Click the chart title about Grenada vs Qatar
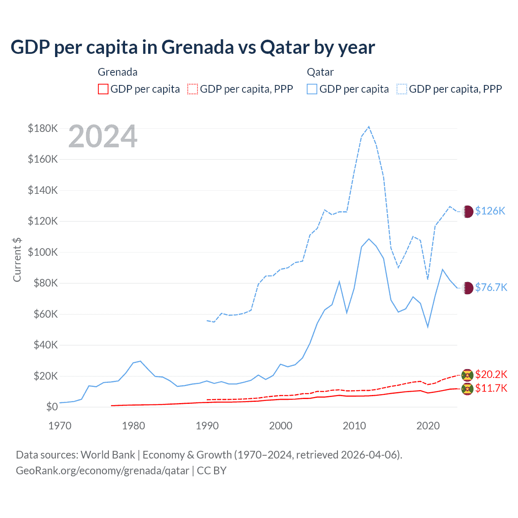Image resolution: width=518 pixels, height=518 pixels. tap(193, 47)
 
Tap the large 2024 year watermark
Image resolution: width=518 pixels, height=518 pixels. tap(103, 136)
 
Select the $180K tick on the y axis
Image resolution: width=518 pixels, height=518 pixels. tap(43, 128)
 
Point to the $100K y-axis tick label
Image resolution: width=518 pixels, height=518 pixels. tap(43, 252)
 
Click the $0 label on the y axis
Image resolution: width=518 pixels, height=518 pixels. tap(52, 407)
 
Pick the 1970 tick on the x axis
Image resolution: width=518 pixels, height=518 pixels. tap(60, 426)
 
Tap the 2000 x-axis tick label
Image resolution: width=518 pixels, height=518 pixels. tap(281, 426)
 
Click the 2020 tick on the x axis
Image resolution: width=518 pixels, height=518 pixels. tap(428, 426)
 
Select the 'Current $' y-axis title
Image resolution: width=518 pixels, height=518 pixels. tap(17, 259)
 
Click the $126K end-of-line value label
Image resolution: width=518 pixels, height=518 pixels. tap(490, 211)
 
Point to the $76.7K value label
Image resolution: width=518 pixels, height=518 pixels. tap(491, 287)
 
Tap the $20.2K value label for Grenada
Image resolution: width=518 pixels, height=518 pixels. tap(491, 374)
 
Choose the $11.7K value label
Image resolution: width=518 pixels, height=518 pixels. tap(491, 388)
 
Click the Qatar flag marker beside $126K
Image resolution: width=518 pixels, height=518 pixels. tap(467, 211)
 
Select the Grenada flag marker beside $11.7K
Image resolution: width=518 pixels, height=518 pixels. tap(467, 389)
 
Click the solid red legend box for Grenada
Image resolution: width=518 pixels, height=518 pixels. tap(103, 89)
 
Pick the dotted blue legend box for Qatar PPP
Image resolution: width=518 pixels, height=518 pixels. tap(402, 89)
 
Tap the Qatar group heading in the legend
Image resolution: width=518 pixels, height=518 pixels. tap(320, 72)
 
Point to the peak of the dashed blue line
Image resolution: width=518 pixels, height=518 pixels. tap(369, 127)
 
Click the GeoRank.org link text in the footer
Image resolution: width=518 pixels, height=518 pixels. tap(102, 471)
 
